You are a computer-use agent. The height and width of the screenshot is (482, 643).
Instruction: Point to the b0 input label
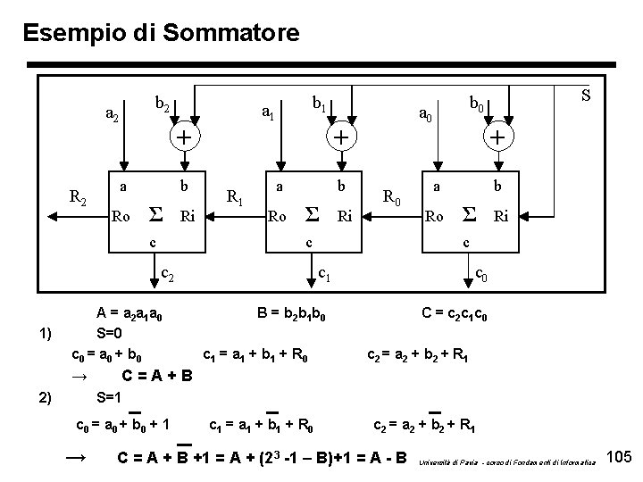(x=479, y=105)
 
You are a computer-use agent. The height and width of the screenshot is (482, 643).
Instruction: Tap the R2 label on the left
(x=79, y=197)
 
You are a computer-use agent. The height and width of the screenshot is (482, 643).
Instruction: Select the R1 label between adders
(x=236, y=197)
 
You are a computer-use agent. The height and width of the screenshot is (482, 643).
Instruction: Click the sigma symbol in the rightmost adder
(x=467, y=215)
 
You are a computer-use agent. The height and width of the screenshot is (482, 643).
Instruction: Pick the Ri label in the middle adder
(x=344, y=215)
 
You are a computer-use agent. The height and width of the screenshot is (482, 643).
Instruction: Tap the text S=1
(x=109, y=396)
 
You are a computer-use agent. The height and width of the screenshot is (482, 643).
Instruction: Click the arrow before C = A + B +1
(x=78, y=458)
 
